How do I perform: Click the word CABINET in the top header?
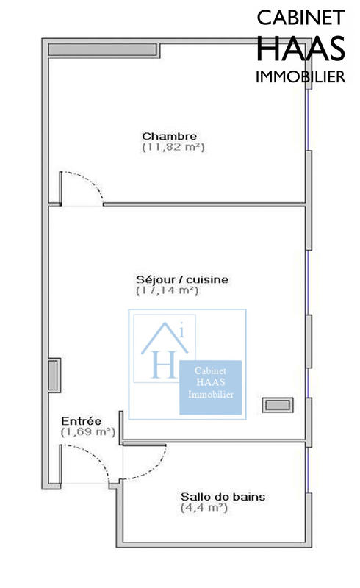(x=300, y=18)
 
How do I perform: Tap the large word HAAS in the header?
(x=300, y=49)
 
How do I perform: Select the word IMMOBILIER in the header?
(x=300, y=77)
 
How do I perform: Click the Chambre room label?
(x=169, y=136)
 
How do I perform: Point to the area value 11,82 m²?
(x=173, y=147)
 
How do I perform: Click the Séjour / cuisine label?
(x=182, y=279)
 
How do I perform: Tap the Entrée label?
(x=82, y=420)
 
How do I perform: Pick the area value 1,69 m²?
(x=87, y=432)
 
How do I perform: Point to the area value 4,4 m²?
(x=201, y=508)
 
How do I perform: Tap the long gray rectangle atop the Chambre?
(x=102, y=49)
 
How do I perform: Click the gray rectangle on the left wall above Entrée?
(x=53, y=376)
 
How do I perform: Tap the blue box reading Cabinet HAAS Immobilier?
(x=212, y=384)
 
